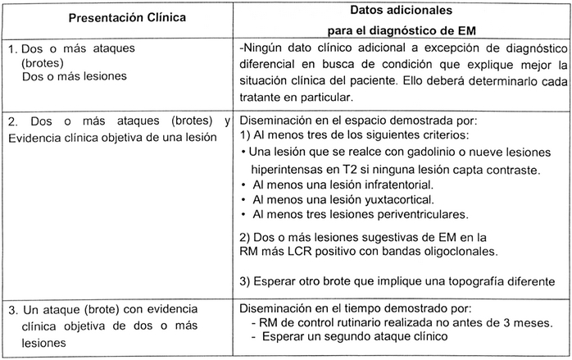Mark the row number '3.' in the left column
click(13, 310)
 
